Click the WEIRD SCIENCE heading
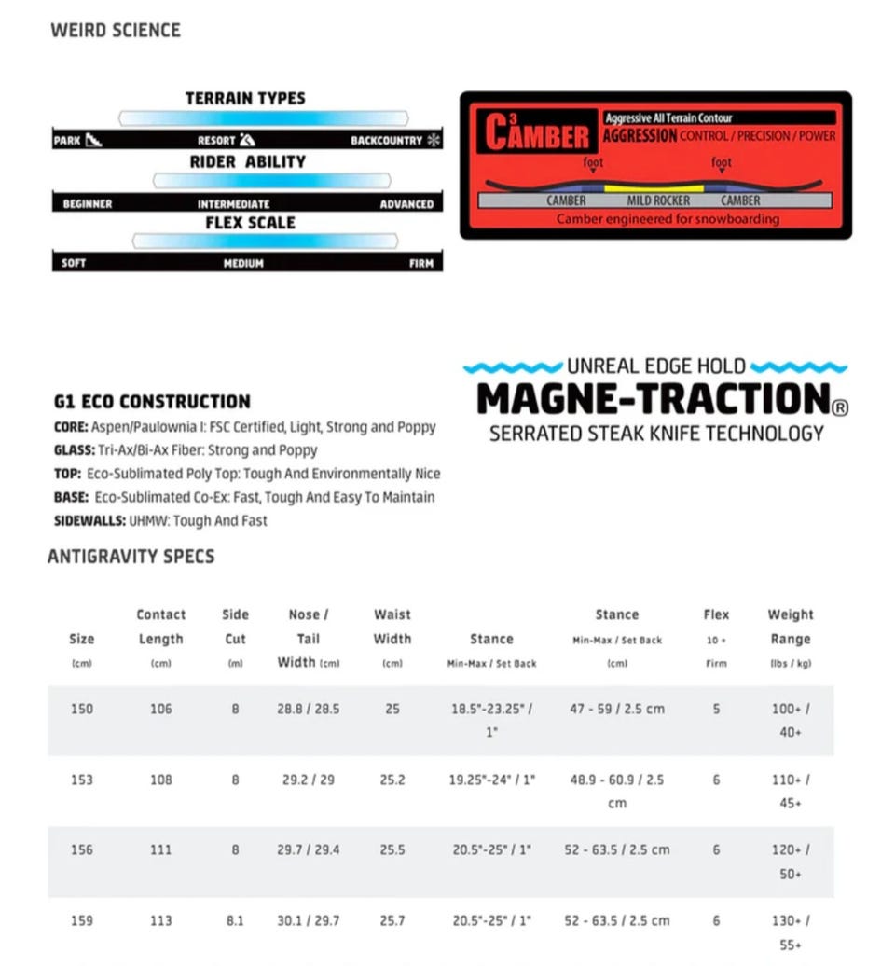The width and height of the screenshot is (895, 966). click(x=116, y=30)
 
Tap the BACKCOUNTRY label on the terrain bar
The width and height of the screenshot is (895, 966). click(x=386, y=141)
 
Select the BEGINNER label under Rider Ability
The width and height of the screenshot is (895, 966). click(x=87, y=203)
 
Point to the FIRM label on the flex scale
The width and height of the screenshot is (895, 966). click(x=420, y=264)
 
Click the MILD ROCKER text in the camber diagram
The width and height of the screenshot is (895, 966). click(x=658, y=200)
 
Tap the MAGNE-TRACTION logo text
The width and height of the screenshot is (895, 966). click(x=653, y=399)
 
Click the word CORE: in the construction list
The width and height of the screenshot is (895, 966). click(x=71, y=427)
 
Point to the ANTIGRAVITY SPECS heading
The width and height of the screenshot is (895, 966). click(x=131, y=557)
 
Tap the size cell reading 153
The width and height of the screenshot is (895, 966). click(x=82, y=780)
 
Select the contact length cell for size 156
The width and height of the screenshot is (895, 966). click(x=160, y=849)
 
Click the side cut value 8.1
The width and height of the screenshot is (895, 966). click(x=235, y=920)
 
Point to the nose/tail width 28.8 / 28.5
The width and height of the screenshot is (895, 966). click(x=308, y=709)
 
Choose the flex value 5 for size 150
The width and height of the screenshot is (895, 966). click(x=716, y=709)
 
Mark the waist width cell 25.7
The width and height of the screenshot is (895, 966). click(x=392, y=920)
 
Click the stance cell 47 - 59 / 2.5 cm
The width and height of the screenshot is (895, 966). click(x=617, y=709)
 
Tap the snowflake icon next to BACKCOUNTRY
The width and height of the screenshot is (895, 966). click(x=433, y=141)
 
